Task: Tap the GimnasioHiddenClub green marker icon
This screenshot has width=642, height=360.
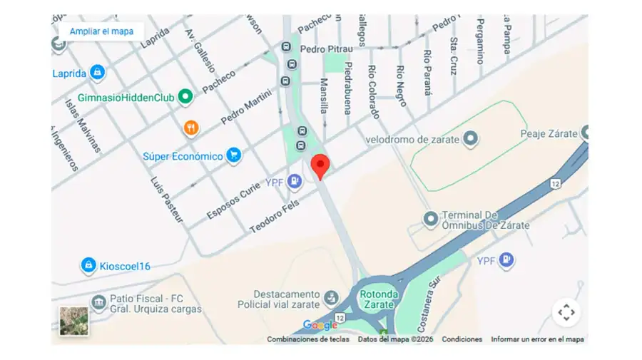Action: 186,96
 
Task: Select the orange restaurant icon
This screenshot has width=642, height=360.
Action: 191,128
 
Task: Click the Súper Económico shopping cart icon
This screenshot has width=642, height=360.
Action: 233,155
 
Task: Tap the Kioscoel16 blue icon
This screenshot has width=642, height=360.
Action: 88,265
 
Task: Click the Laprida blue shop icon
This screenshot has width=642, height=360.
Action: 98,73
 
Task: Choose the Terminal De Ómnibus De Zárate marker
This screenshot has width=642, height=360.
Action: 430,219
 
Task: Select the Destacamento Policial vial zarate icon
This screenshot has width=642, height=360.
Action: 331,297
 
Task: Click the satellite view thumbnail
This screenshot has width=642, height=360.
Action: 74,320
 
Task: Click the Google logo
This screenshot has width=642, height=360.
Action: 320,325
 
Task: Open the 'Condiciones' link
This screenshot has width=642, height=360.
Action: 462,339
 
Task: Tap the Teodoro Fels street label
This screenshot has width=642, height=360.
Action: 275,216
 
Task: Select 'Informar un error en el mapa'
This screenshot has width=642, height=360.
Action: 537,339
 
